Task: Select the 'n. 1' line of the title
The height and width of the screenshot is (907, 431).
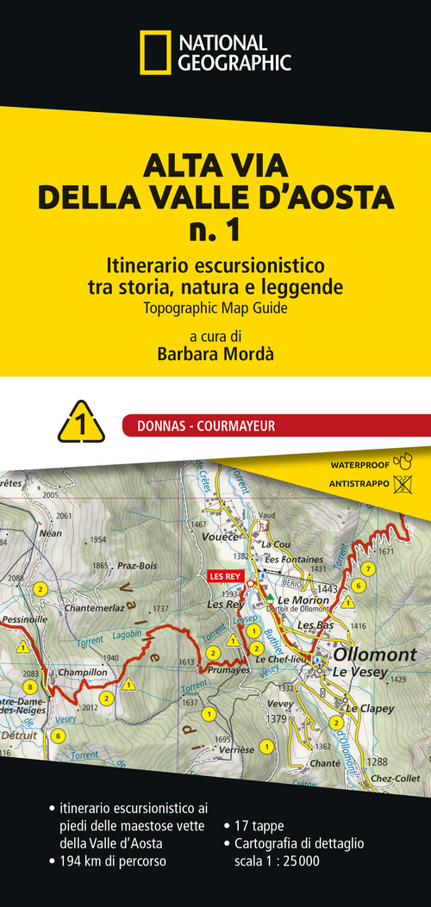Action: pos(215,231)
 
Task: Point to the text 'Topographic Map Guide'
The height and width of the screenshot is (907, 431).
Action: pos(215,305)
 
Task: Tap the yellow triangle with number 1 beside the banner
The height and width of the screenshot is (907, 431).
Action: pos(81,423)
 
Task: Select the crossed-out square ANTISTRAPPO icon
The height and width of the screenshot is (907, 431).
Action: pos(401,485)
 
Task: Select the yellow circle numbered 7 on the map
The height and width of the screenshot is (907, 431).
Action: pos(368,568)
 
